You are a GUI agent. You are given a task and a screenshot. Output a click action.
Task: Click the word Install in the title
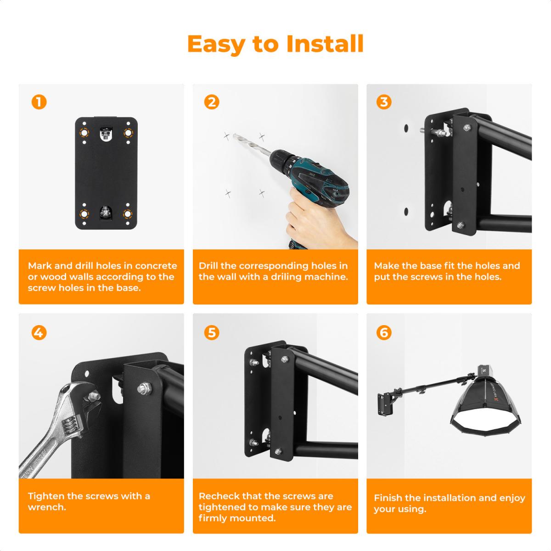(325, 44)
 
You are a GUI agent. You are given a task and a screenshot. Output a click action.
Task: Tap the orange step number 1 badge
(39, 101)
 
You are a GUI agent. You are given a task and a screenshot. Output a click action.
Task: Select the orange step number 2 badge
(211, 101)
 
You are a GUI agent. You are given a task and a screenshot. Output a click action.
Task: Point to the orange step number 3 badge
(384, 101)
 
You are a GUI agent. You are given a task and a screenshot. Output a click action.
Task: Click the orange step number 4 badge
(39, 332)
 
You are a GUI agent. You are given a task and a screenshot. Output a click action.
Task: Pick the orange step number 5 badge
(211, 332)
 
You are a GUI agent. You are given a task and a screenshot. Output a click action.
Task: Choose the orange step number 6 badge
(384, 332)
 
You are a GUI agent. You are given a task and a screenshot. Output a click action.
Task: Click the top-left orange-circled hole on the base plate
(84, 133)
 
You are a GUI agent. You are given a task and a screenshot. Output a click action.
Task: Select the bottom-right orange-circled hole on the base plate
(128, 214)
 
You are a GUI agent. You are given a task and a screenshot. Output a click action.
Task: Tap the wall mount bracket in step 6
(386, 404)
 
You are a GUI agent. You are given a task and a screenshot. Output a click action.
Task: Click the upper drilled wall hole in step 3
(406, 127)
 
